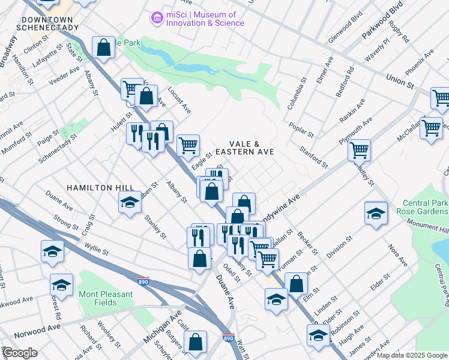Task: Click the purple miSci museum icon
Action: click(x=157, y=19)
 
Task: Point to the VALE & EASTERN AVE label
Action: click(x=245, y=148)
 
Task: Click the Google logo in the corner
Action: click(x=19, y=353)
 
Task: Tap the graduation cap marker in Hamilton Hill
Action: click(x=129, y=204)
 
